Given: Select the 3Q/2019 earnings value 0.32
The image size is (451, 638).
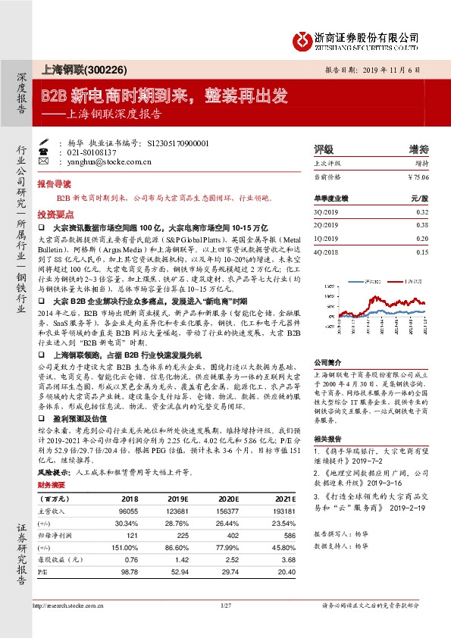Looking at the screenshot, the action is coord(422,213).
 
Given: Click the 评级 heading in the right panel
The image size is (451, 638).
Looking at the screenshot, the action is coord(324,148).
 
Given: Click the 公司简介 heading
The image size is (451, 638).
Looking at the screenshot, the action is coord(327,362).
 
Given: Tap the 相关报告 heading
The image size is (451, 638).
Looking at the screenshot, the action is coord(327,439).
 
